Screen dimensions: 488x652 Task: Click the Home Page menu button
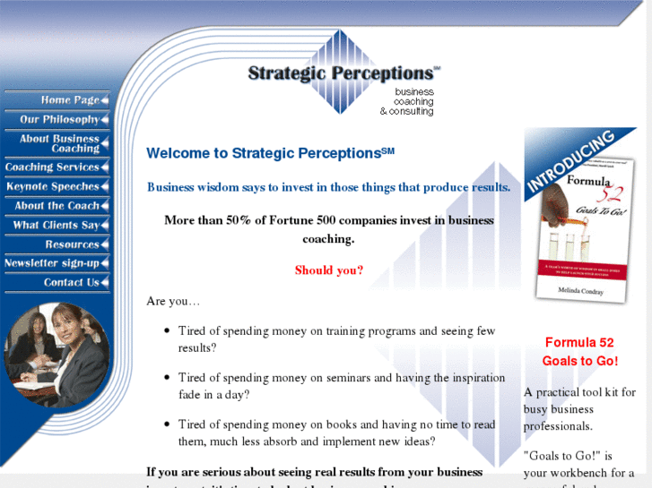pyautogui.click(x=68, y=100)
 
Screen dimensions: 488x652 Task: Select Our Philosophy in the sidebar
pyautogui.click(x=59, y=119)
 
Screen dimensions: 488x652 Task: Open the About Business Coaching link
pyautogui.click(x=59, y=143)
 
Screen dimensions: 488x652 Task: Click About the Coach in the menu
pyautogui.click(x=57, y=206)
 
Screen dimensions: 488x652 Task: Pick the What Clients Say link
pyautogui.click(x=56, y=226)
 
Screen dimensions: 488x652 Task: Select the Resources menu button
pyautogui.click(x=72, y=244)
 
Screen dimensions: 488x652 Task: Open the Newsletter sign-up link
pyautogui.click(x=52, y=263)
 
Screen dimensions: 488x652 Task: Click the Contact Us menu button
pyautogui.click(x=72, y=283)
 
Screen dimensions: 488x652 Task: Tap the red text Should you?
pyautogui.click(x=329, y=270)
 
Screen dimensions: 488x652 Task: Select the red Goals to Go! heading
pyautogui.click(x=579, y=361)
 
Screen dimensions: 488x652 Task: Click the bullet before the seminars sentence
pyautogui.click(x=167, y=378)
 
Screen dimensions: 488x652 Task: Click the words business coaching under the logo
pyautogui.click(x=413, y=97)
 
